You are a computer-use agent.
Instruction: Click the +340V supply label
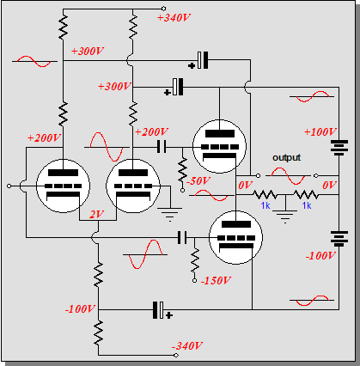[x=174, y=18]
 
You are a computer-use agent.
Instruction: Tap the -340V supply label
[x=187, y=345]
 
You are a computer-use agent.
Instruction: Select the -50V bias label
[x=198, y=180]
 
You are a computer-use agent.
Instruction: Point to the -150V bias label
[x=216, y=280]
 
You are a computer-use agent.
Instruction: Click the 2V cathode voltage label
[x=96, y=214]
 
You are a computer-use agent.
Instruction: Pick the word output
[x=286, y=157]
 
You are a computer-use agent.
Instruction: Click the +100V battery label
[x=320, y=131]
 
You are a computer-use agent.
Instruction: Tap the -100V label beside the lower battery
[x=320, y=255]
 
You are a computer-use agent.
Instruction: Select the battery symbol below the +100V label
[x=339, y=148]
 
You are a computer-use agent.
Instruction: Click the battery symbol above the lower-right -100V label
[x=339, y=239]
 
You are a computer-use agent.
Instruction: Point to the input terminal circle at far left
[x=9, y=186]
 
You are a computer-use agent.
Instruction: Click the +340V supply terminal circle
[x=163, y=9]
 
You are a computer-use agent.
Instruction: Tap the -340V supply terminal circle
[x=176, y=355]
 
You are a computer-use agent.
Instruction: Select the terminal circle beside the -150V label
[x=194, y=281]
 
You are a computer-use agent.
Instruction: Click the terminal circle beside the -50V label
[x=182, y=190]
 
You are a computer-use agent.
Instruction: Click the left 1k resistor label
[x=265, y=205]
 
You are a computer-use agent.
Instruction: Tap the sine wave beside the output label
[x=288, y=176]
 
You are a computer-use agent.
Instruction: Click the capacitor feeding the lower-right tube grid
[x=182, y=238]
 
